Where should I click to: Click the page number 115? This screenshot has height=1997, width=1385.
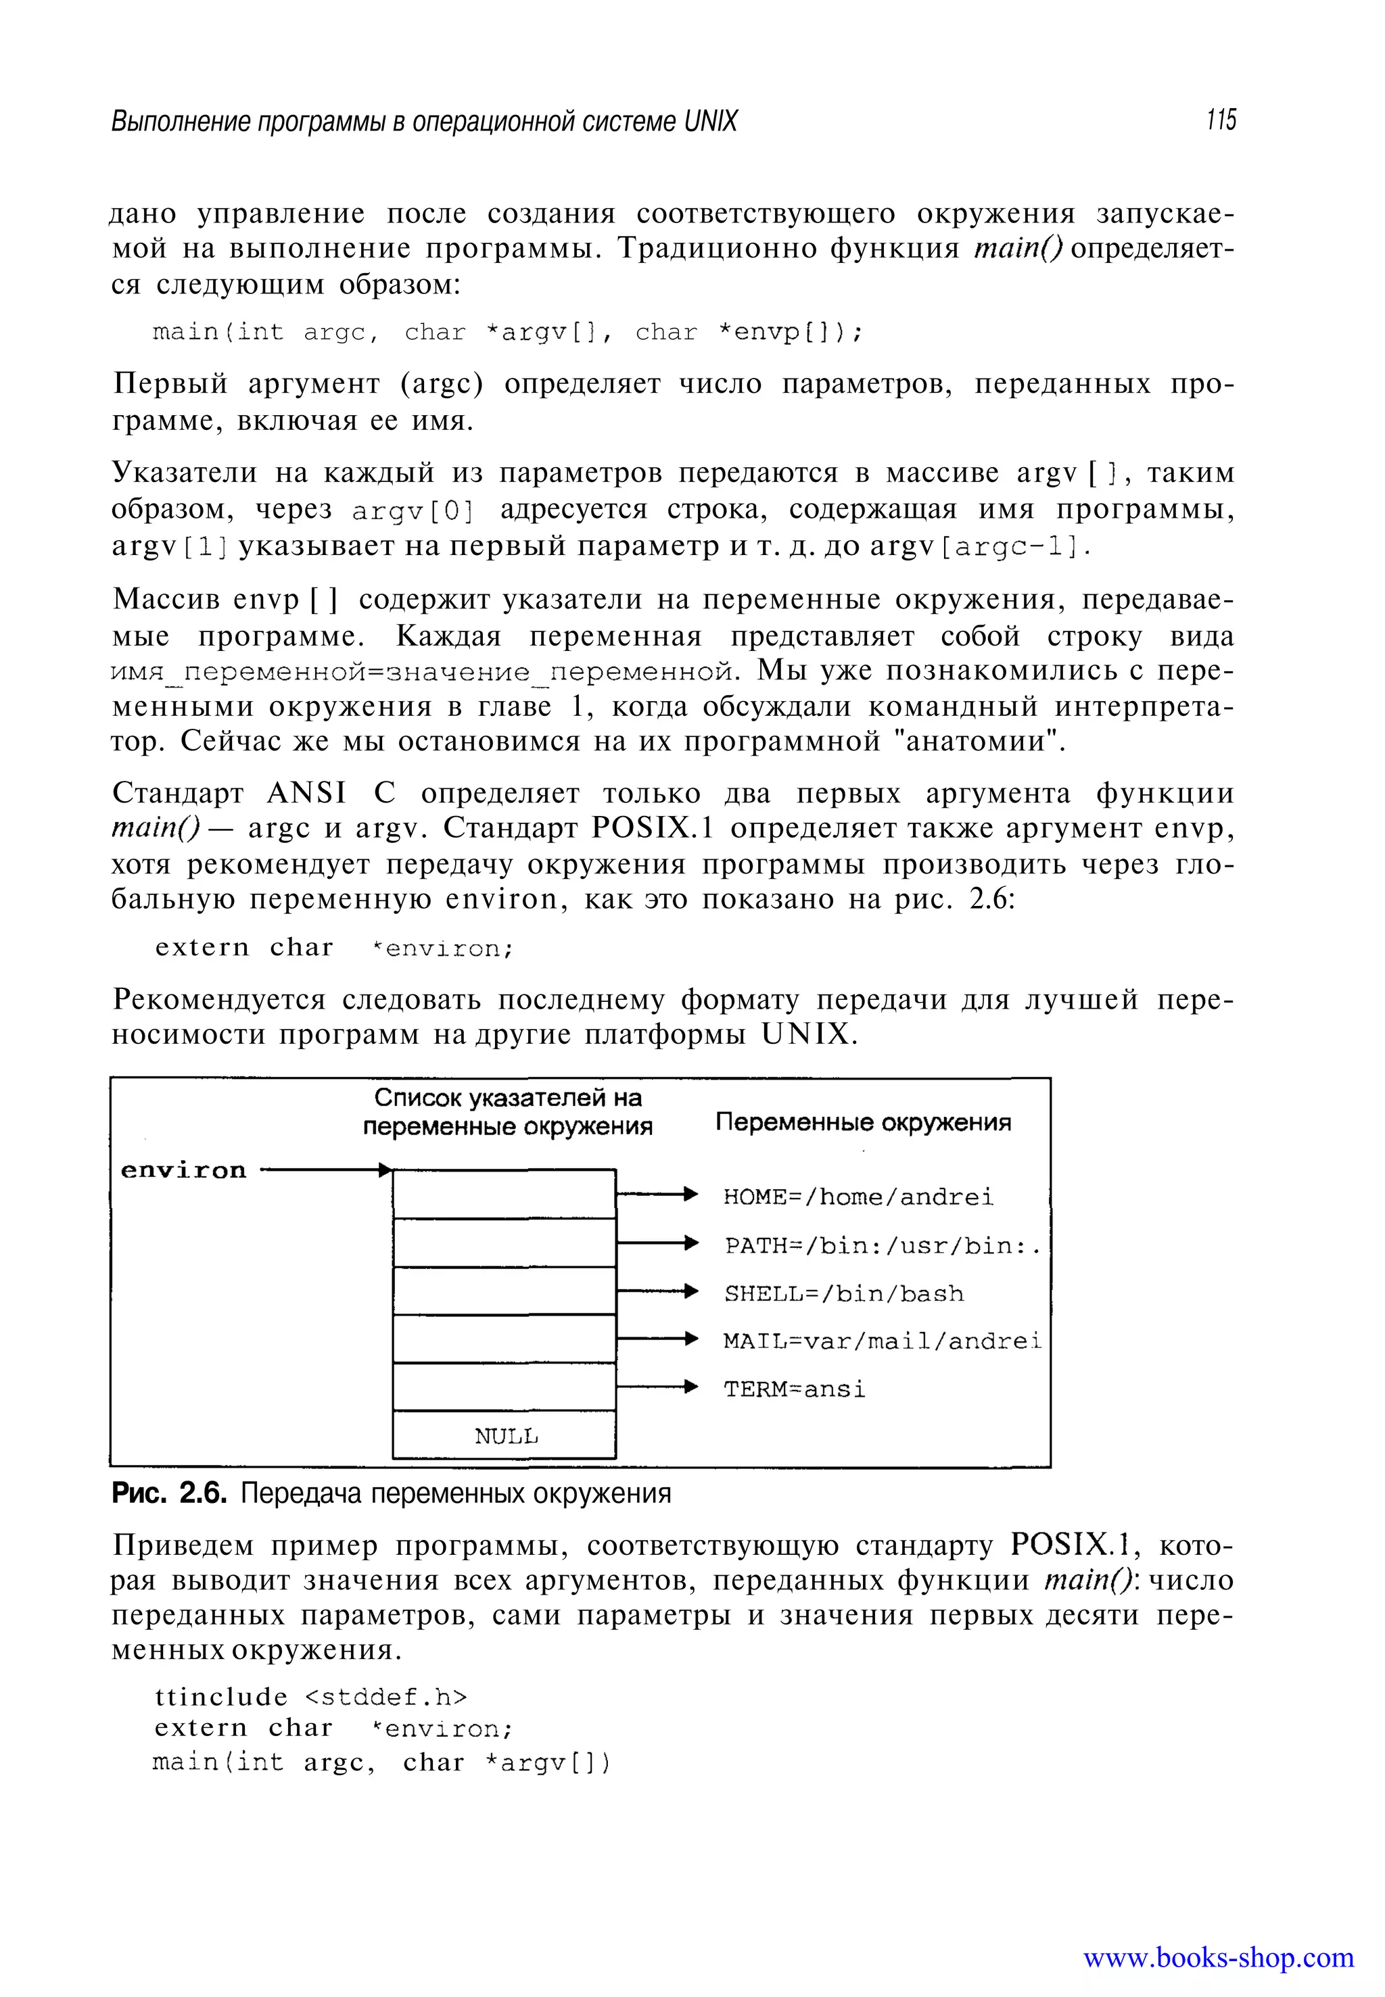pos(1220,120)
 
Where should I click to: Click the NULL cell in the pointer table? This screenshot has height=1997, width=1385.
pos(504,1436)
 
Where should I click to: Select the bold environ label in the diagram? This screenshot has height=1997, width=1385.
pos(183,1170)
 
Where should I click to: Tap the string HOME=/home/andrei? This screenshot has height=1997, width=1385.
pos(858,1197)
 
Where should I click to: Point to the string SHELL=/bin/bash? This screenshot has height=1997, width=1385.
pos(843,1293)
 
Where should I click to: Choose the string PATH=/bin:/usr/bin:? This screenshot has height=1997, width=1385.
pos(883,1246)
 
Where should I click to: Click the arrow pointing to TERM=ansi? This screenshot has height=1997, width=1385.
pos(656,1387)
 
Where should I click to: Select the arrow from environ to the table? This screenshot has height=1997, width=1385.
pos(325,1170)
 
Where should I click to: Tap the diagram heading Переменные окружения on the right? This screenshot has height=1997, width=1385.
pos(863,1123)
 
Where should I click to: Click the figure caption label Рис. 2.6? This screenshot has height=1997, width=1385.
pos(169,1494)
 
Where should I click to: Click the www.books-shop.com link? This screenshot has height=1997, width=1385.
pos(1217,1958)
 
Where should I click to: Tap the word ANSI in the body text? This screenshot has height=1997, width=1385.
pos(306,793)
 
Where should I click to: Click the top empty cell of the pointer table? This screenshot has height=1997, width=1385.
pos(504,1195)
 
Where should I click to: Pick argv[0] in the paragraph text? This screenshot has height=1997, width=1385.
pos(413,511)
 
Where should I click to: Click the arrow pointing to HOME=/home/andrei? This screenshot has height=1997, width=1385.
pos(656,1195)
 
